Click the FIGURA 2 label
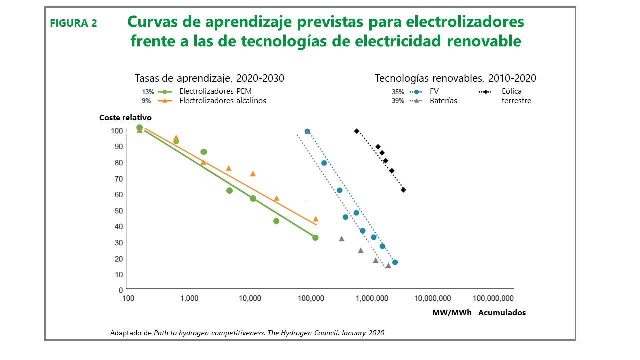pyautogui.click(x=73, y=23)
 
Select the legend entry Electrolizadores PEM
pyautogui.click(x=215, y=91)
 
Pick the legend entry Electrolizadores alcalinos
pyautogui.click(x=222, y=100)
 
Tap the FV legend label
pyautogui.click(x=434, y=91)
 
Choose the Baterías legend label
pyautogui.click(x=443, y=100)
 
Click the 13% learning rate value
pyautogui.click(x=148, y=92)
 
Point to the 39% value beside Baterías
pyautogui.click(x=398, y=101)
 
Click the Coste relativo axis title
pyautogui.click(x=125, y=118)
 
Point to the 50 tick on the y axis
pyautogui.click(x=117, y=210)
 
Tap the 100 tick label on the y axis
pyautogui.click(x=116, y=131)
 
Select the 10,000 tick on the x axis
pyautogui.click(x=250, y=298)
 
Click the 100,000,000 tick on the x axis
pyautogui.click(x=493, y=298)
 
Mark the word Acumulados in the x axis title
pyautogui.click(x=502, y=313)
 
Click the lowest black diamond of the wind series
pyautogui.click(x=403, y=190)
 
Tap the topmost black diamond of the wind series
pyautogui.click(x=356, y=131)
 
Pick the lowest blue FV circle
pyautogui.click(x=395, y=262)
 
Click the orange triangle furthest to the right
pyautogui.click(x=315, y=219)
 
